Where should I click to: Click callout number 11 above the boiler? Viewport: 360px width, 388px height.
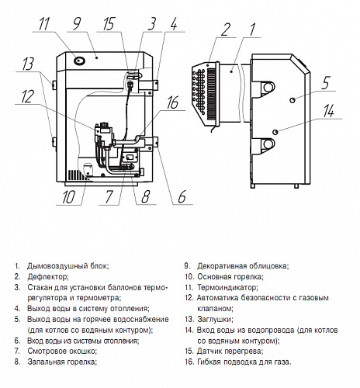pyautogui.click(x=43, y=24)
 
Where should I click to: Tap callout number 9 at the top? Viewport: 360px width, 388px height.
pyautogui.click(x=77, y=24)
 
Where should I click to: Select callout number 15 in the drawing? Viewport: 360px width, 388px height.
pyautogui.click(x=109, y=24)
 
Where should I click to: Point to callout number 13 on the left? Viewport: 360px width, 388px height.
pyautogui.click(x=28, y=64)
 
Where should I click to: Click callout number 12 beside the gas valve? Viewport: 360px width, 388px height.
pyautogui.click(x=27, y=96)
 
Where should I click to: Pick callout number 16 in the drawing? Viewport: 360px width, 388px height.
pyautogui.click(x=172, y=102)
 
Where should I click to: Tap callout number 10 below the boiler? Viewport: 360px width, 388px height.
pyautogui.click(x=68, y=197)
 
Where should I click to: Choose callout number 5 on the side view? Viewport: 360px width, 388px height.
pyautogui.click(x=326, y=82)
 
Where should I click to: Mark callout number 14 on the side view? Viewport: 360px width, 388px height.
pyautogui.click(x=328, y=111)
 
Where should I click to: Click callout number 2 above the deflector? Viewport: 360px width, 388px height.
pyautogui.click(x=225, y=29)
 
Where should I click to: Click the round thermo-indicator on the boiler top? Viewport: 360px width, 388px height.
pyautogui.click(x=79, y=61)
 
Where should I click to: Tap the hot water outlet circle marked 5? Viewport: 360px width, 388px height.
pyautogui.click(x=292, y=100)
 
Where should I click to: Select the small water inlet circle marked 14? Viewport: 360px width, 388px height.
pyautogui.click(x=275, y=132)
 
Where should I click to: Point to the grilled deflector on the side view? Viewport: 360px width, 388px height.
pyautogui.click(x=206, y=91)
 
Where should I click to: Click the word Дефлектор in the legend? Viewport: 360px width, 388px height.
pyautogui.click(x=48, y=277)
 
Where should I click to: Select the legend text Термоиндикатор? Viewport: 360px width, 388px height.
pyautogui.click(x=227, y=287)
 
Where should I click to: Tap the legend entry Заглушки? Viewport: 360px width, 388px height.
pyautogui.click(x=215, y=320)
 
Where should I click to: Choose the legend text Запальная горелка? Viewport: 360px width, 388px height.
pyautogui.click(x=62, y=362)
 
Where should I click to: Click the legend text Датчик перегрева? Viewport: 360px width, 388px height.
pyautogui.click(x=230, y=352)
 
